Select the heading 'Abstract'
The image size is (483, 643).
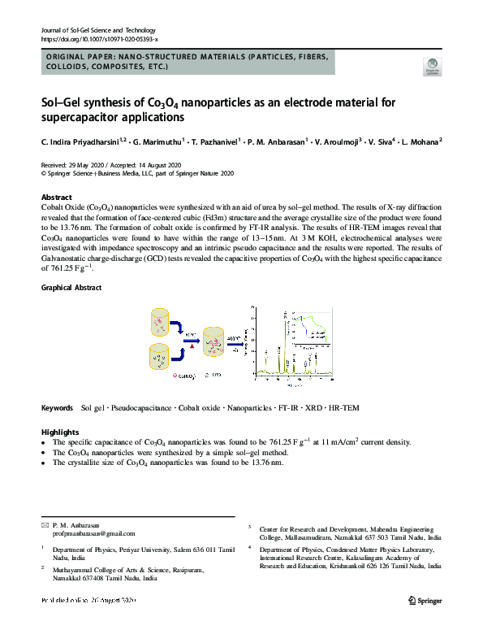click(57, 198)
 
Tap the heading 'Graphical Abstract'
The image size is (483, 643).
click(71, 288)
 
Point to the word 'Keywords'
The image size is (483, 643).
click(58, 406)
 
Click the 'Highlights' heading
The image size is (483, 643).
click(60, 432)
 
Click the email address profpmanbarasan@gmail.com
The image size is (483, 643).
click(93, 534)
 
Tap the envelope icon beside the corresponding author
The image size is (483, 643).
click(45, 525)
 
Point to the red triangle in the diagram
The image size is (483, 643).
click(192, 345)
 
